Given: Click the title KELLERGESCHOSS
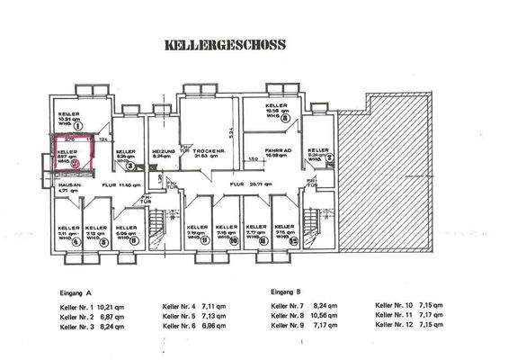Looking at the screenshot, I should pos(224,42).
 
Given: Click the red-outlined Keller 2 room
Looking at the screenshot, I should pos(74,152).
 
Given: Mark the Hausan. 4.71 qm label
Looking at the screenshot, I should pos(70,188).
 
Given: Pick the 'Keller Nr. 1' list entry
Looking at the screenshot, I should pos(76,307).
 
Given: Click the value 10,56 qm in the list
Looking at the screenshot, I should pos(338,316).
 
